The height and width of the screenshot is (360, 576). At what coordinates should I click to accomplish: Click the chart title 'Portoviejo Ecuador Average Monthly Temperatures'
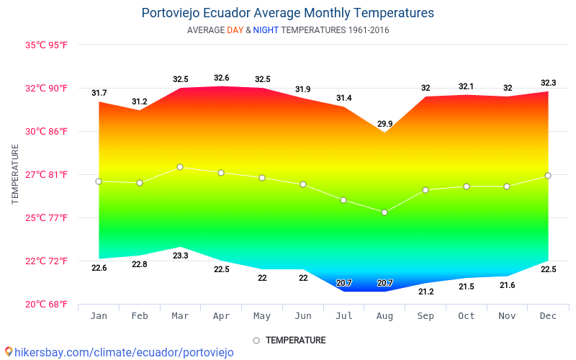tap(288, 13)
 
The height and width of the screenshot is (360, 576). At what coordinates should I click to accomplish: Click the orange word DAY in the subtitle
tap(235, 30)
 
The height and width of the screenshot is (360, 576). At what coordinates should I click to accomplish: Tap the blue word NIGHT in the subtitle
tap(266, 30)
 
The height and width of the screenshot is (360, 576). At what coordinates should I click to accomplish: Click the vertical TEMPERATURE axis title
tap(15, 174)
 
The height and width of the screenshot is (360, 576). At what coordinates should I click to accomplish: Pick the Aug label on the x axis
tap(385, 316)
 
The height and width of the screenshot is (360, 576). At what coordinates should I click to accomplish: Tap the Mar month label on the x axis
tap(181, 316)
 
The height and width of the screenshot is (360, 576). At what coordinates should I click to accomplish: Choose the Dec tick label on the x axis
tap(548, 316)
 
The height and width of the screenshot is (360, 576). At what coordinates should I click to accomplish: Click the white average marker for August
tap(384, 212)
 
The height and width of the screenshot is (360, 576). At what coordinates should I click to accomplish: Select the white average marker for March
tap(180, 167)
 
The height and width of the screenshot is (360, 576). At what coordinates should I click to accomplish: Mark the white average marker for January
tap(99, 181)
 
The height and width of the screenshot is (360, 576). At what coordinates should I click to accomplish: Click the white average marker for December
tap(548, 176)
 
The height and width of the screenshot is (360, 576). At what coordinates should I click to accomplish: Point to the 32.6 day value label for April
tap(222, 78)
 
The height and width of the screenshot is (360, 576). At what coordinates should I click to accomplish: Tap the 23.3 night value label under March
tap(181, 256)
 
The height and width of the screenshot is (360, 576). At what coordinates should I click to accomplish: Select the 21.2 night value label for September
tap(426, 292)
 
